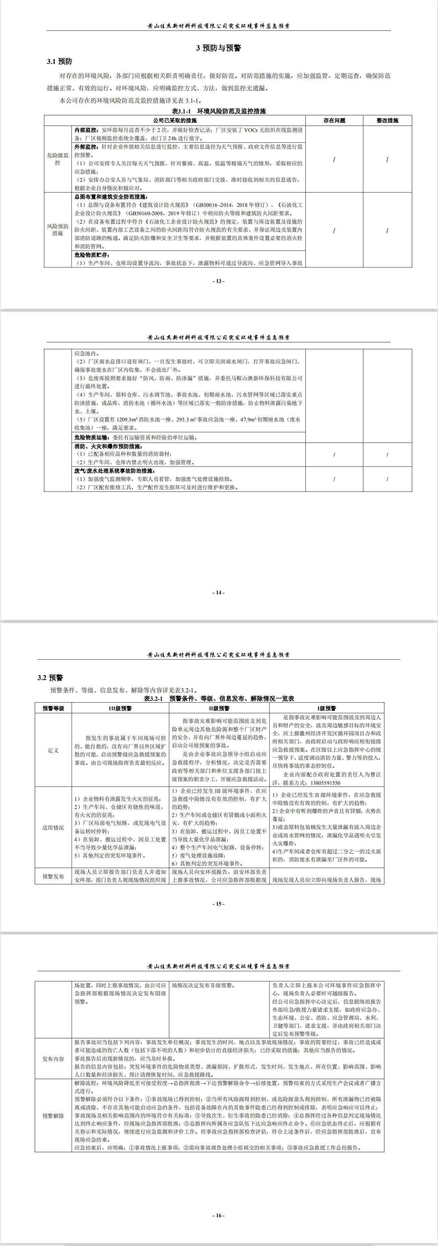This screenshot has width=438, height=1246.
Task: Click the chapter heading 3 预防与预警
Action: point(218,48)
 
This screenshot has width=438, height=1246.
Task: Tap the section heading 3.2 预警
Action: point(50,678)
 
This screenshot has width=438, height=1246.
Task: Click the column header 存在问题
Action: point(334,120)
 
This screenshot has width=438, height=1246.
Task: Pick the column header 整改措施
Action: point(387,120)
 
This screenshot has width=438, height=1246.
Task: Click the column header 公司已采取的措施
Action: point(175,120)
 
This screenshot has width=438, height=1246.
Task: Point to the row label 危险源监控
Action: point(58,159)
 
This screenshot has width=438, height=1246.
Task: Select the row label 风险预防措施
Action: point(58,230)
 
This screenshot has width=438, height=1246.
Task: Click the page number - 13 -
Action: point(219,281)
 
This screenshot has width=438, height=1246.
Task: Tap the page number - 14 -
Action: point(219,592)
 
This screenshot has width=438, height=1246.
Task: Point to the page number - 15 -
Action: point(219,904)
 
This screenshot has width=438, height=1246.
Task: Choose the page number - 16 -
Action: point(219,1215)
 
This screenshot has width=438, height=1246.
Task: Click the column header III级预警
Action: point(120,708)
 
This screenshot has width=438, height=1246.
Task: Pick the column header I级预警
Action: point(327,708)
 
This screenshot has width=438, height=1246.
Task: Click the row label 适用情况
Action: point(53,828)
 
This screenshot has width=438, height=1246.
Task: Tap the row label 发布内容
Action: point(53,1059)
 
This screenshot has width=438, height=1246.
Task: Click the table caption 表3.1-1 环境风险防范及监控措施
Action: point(219,111)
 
